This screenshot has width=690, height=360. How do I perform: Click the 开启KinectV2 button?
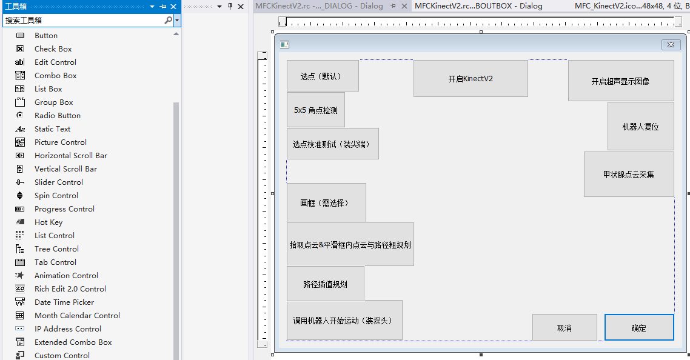[471, 79]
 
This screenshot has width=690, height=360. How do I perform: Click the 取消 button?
[564, 327]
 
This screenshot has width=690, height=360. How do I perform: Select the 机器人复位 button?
[640, 127]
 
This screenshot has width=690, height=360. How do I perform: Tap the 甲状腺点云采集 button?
[629, 175]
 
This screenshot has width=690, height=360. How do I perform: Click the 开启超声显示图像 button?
[620, 81]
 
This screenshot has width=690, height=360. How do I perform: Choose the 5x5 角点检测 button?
[316, 110]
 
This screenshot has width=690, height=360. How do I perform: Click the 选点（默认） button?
[322, 76]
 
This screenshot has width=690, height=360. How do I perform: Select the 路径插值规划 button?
[325, 284]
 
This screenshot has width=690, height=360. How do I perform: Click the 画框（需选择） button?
[326, 203]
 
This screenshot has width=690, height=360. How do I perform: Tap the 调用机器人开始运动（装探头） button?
[344, 320]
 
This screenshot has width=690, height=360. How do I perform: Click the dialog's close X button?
[670, 45]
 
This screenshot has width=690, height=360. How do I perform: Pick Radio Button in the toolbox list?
[58, 116]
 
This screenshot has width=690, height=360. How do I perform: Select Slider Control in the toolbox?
[58, 182]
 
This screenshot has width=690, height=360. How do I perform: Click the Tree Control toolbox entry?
[56, 249]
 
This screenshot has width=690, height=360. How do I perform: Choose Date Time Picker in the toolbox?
[64, 302]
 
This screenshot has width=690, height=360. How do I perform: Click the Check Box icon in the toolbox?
[20, 49]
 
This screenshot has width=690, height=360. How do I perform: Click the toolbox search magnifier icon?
[168, 20]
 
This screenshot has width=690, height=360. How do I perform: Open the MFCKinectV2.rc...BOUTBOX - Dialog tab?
[478, 6]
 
